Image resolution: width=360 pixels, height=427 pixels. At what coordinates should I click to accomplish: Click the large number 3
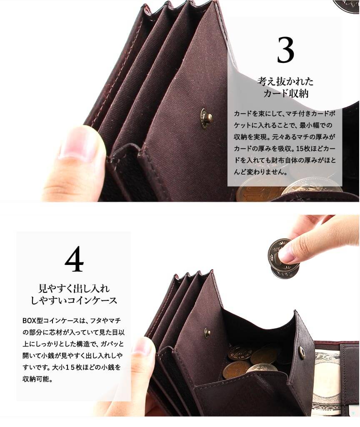(285, 50)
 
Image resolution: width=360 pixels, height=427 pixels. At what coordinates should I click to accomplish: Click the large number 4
(74, 259)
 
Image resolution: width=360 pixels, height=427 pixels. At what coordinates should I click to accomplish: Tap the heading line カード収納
(286, 93)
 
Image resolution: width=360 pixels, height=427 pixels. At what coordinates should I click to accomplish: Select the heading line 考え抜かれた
(285, 81)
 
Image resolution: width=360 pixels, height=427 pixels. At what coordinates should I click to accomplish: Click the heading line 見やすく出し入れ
(74, 288)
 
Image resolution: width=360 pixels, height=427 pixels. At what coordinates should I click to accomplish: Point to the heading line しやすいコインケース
(74, 300)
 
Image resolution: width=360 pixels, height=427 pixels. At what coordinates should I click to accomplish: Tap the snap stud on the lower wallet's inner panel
(207, 333)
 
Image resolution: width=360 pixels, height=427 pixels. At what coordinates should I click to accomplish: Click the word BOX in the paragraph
(29, 320)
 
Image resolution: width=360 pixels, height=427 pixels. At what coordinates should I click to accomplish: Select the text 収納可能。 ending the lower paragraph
(37, 379)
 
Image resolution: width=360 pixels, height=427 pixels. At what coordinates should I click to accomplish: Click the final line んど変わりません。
(260, 172)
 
